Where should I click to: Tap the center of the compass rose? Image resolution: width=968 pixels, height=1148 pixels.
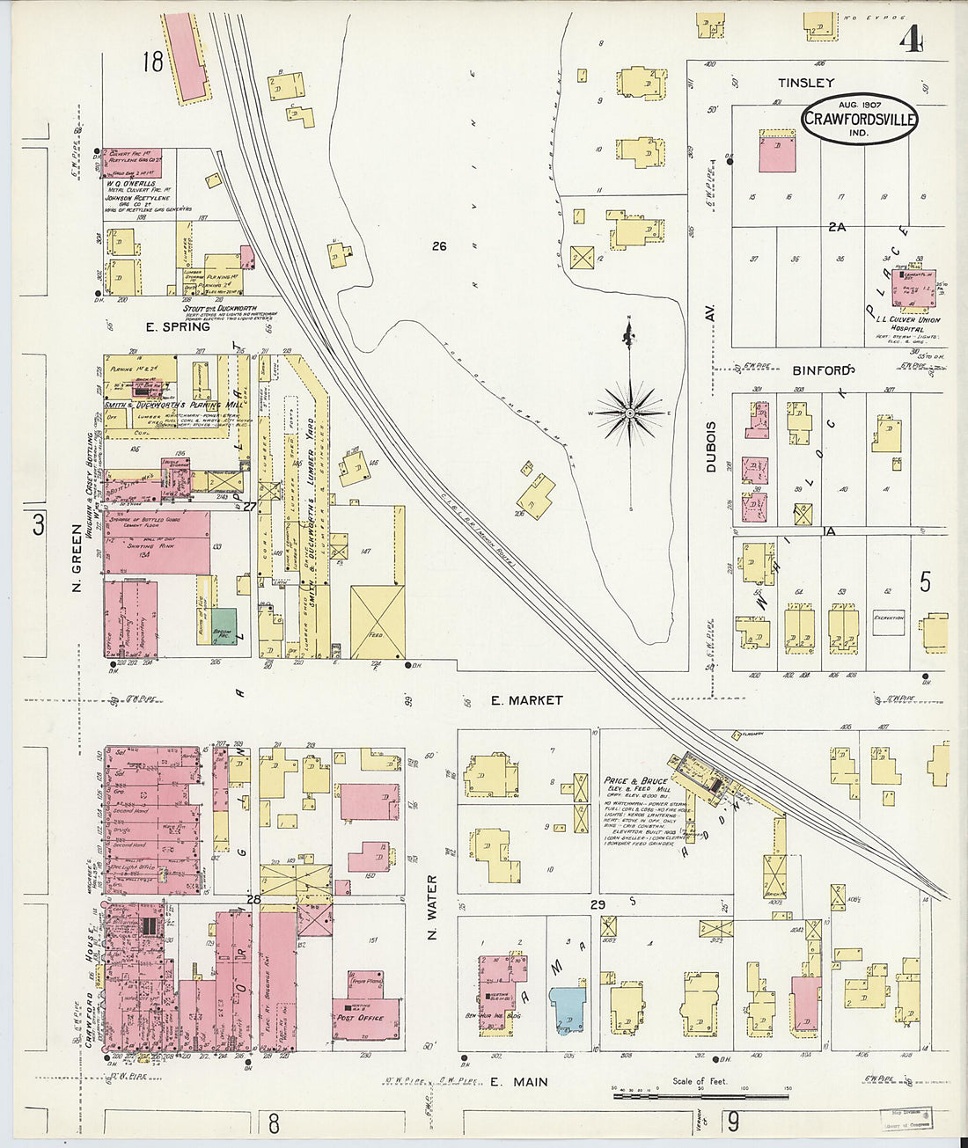tap(630, 412)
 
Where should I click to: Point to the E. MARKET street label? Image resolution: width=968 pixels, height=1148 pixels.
tap(526, 700)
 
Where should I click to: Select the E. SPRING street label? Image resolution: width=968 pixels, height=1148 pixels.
tap(178, 326)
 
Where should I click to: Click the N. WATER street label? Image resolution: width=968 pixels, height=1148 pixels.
tap(432, 907)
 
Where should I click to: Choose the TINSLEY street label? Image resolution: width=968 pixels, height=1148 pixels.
tap(805, 83)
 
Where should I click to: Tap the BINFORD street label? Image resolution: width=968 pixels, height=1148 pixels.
tap(820, 370)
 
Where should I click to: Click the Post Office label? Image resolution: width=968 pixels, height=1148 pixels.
tap(359, 1017)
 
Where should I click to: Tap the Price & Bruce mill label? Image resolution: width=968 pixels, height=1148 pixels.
tap(635, 781)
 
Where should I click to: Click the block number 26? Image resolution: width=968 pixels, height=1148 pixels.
tap(439, 246)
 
